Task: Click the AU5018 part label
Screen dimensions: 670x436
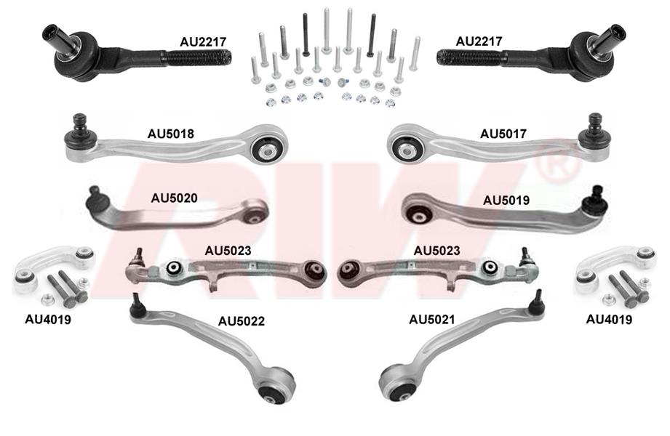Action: (170, 134)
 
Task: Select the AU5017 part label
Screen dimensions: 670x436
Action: (503, 134)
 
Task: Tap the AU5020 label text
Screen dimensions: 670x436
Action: (174, 198)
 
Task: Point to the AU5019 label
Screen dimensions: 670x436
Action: (506, 201)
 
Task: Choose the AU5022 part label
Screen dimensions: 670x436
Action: (242, 321)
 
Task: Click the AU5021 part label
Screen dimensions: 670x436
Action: (432, 320)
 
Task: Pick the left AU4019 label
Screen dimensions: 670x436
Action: (48, 320)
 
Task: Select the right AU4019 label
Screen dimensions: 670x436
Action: (609, 320)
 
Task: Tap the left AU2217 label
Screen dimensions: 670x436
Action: (203, 42)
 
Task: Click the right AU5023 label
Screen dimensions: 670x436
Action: (436, 251)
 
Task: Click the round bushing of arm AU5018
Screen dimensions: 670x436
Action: (268, 150)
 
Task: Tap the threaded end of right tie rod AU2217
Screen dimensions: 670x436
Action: (468, 57)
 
